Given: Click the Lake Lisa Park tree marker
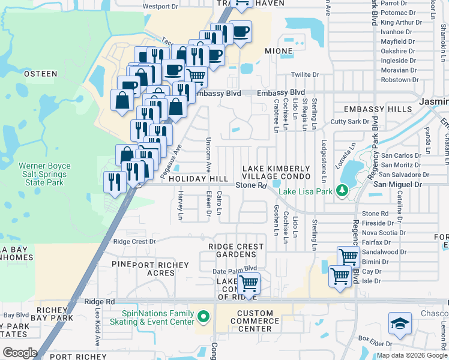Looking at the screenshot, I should tap(343, 191).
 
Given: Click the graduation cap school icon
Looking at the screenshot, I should tap(400, 324).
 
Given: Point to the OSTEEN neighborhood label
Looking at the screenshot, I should tap(40, 74).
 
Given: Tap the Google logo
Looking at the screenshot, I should tap(19, 353).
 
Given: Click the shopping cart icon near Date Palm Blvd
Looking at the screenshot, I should tap(249, 283).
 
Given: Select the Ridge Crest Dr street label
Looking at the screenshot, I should tap(134, 241).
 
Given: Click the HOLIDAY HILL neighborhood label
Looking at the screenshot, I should tap(198, 179).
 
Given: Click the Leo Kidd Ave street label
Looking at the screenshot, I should tap(98, 327).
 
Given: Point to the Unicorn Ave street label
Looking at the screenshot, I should tap(209, 153).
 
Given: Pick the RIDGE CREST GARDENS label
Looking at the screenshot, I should tap(236, 250).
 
